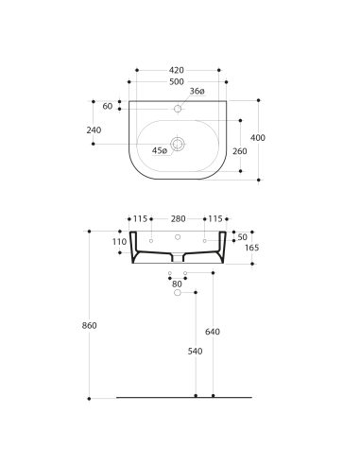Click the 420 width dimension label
click(x=177, y=70)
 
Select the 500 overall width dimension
click(x=177, y=82)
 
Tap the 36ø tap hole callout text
click(x=197, y=91)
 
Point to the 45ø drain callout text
click(x=160, y=150)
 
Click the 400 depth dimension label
click(x=258, y=138)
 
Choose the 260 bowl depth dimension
click(x=240, y=151)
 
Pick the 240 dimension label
click(x=94, y=130)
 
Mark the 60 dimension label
click(x=108, y=106)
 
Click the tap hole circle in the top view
click(x=178, y=109)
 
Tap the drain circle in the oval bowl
click(x=178, y=144)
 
